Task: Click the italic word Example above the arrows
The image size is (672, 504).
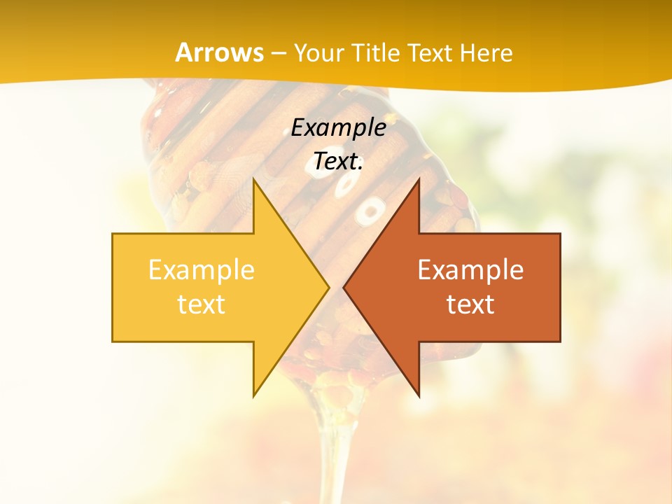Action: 338,127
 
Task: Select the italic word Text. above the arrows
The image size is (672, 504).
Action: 338,162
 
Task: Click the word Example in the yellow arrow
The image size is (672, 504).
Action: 201,269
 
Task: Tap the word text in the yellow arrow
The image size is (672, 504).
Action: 201,304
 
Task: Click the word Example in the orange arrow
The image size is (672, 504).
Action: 470,269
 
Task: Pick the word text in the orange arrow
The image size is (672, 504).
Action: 470,304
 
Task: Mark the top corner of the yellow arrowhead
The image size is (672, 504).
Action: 255,181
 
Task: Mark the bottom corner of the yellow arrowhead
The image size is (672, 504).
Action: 255,395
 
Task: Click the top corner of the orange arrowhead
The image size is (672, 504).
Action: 418,181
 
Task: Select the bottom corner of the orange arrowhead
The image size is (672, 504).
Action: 418,395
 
